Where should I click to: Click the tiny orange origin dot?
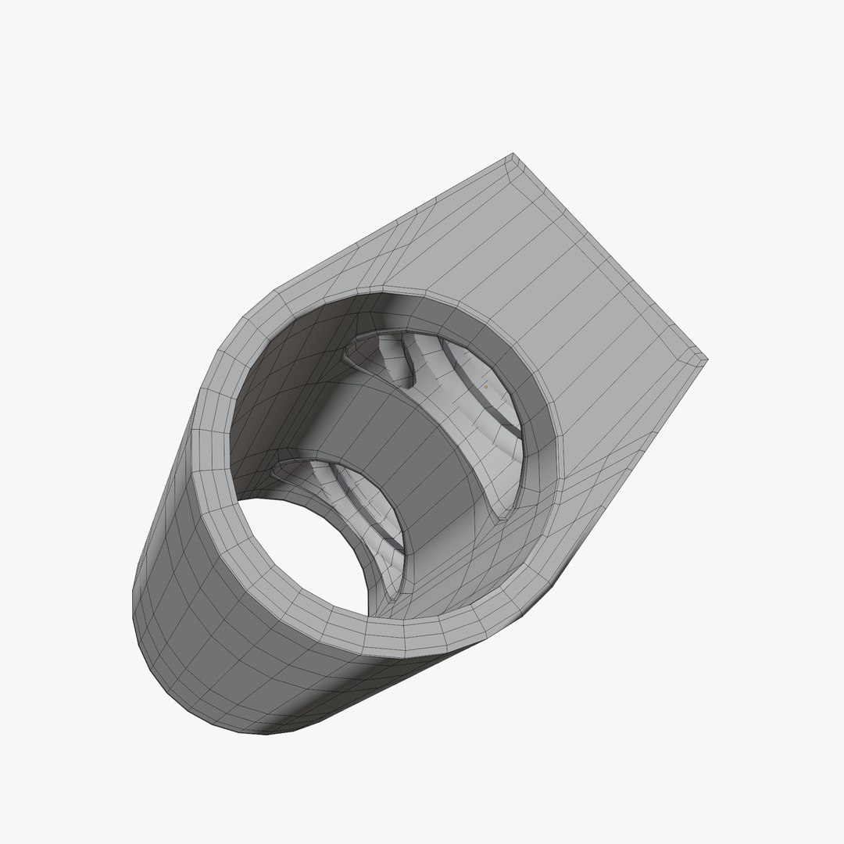tap(485, 386)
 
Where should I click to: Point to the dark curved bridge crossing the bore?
tap(391, 438)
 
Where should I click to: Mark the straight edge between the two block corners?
tap(610, 258)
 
